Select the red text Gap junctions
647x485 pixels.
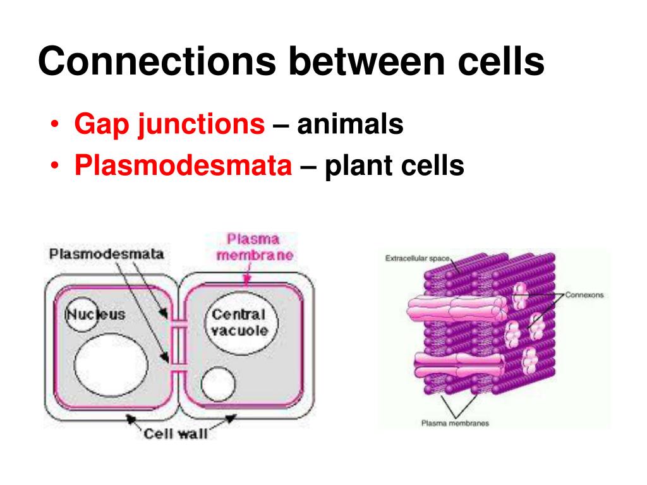coord(169,124)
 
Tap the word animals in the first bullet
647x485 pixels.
coord(351,124)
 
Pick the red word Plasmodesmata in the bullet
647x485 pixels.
coord(183,165)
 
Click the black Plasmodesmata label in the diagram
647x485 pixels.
coord(107,254)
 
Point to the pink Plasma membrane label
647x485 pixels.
coord(254,248)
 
